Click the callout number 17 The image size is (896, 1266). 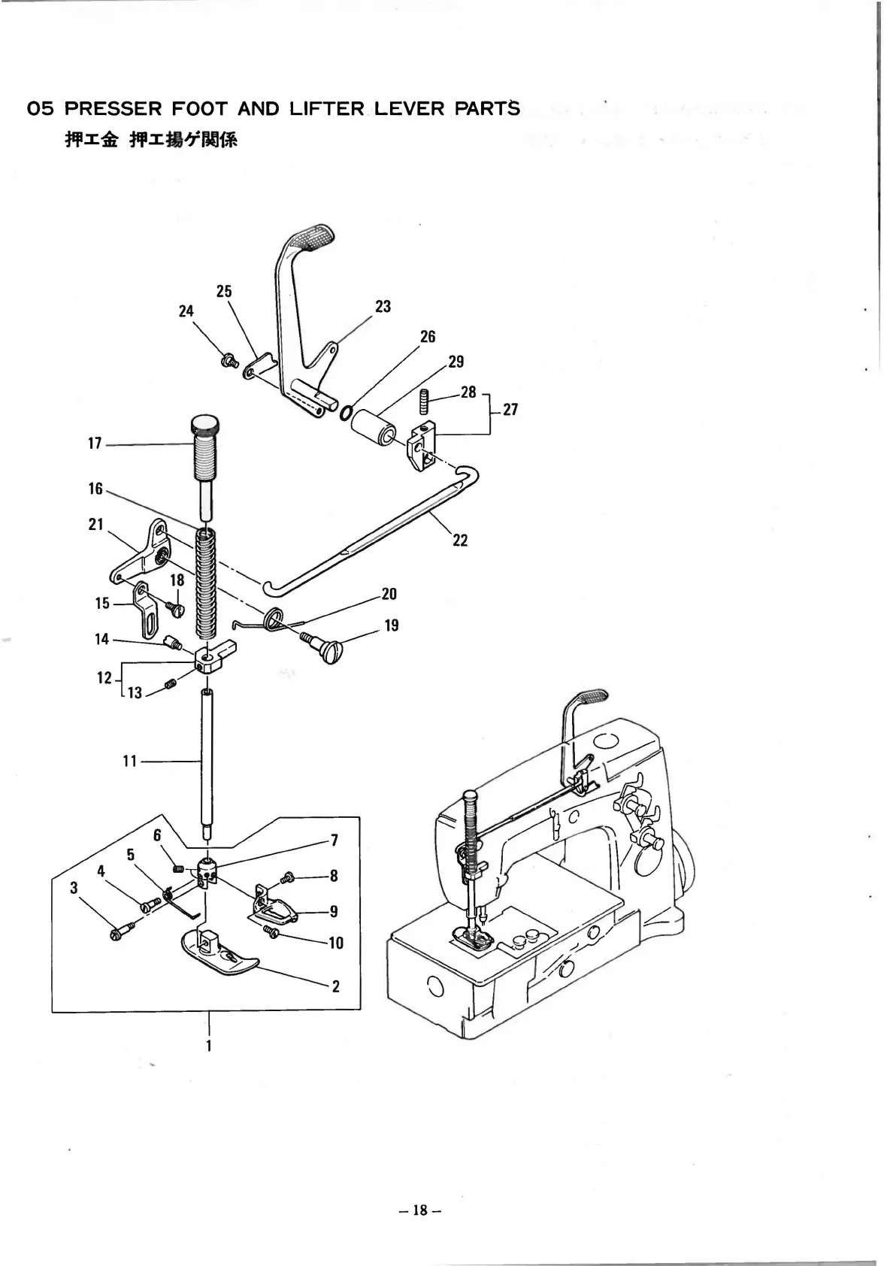(x=95, y=444)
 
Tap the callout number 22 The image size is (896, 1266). (x=460, y=540)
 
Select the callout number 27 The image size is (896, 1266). (x=510, y=410)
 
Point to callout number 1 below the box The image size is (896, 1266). (x=208, y=1045)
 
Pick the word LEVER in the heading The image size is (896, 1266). (x=410, y=109)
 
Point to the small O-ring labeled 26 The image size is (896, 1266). (x=347, y=413)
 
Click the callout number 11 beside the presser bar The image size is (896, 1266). (x=130, y=762)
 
